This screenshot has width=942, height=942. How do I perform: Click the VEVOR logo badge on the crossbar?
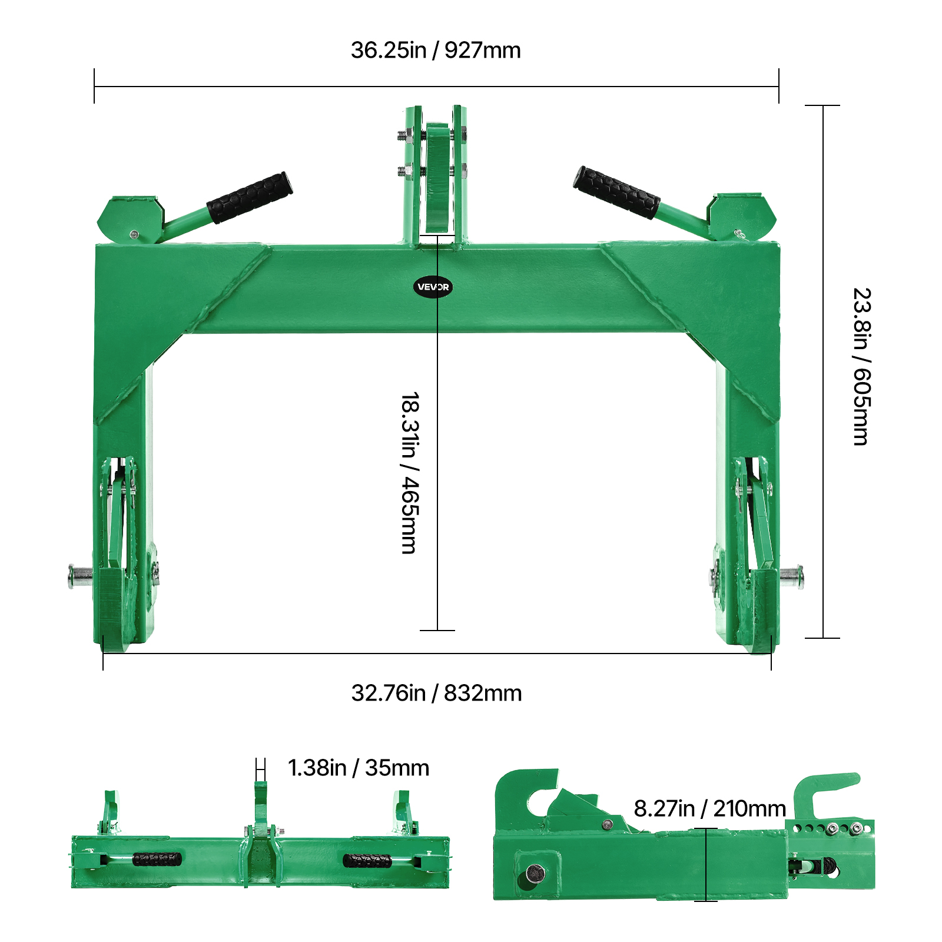point(433,287)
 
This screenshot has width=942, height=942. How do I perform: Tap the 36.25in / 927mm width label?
point(436,50)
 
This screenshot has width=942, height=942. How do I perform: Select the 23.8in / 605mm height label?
point(861,366)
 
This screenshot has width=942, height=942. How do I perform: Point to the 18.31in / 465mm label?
point(410,473)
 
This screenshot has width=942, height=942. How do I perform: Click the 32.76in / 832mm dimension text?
point(436,693)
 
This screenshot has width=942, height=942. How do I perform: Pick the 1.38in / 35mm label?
point(359,768)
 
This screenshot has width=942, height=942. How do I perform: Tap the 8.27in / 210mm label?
point(710,808)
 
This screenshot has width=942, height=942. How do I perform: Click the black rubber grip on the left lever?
point(250,197)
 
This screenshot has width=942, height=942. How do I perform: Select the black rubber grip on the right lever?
point(616,193)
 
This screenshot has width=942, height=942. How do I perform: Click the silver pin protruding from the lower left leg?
point(80,576)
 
